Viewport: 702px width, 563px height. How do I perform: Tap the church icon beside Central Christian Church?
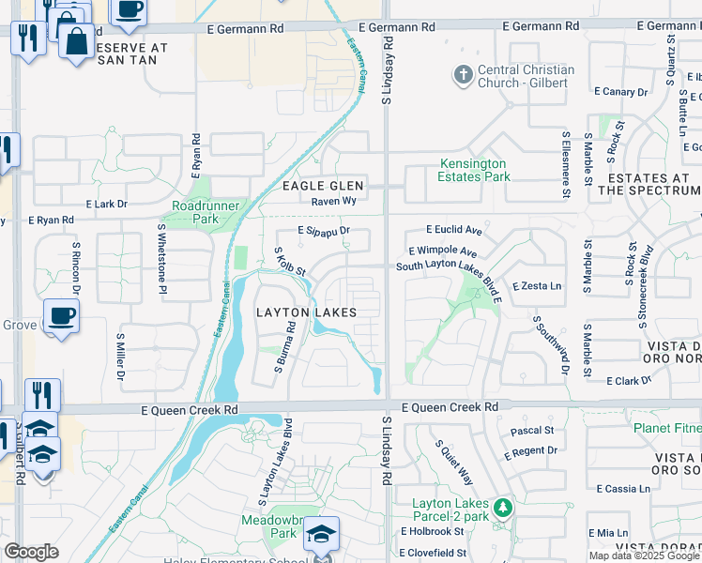click(x=462, y=75)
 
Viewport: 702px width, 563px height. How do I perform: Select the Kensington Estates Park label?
click(x=475, y=170)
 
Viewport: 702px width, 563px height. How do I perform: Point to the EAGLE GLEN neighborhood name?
click(x=323, y=186)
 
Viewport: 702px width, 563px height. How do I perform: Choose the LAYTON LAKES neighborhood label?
click(x=306, y=312)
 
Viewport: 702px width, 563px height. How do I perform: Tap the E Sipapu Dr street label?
click(x=323, y=230)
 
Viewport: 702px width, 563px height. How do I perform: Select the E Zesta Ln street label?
click(x=536, y=285)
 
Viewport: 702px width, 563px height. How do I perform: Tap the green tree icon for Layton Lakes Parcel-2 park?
click(x=504, y=508)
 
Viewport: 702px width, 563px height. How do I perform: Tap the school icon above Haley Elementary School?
click(x=321, y=535)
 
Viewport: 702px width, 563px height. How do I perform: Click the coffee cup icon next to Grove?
click(x=61, y=316)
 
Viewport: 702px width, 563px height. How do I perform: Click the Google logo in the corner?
click(x=31, y=553)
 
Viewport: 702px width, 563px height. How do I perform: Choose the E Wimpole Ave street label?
click(x=443, y=253)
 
